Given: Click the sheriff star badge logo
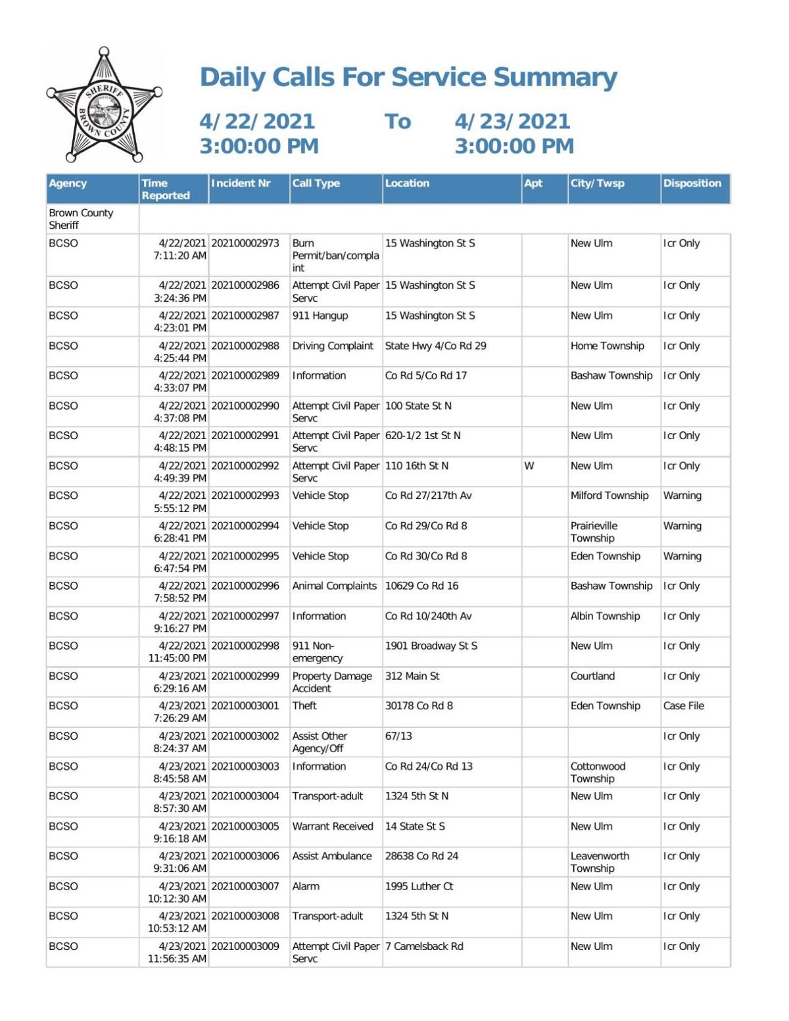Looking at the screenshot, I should [104, 105].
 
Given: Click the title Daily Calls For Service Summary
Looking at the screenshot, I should [408, 77].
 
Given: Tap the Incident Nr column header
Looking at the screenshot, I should [241, 183].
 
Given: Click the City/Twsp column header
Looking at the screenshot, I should [597, 183].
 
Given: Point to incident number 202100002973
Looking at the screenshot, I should [246, 243].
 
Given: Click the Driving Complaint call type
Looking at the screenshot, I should [333, 346].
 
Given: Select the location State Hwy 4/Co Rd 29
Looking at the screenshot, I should [435, 346].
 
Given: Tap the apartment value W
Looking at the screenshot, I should [529, 466].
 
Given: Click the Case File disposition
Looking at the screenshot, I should [683, 706].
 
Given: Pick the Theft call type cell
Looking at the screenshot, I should [304, 706].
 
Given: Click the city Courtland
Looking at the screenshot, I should [592, 676].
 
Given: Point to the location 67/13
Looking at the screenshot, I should [398, 736].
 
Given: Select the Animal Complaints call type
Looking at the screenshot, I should [334, 586].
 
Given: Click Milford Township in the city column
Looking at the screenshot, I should [609, 496].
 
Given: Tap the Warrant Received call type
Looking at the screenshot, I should [332, 826].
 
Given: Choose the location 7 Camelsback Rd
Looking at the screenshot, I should [424, 947].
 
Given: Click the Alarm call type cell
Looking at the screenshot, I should [306, 886].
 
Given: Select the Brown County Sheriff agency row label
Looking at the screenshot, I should [81, 219].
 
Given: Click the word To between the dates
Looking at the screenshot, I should [398, 122].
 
